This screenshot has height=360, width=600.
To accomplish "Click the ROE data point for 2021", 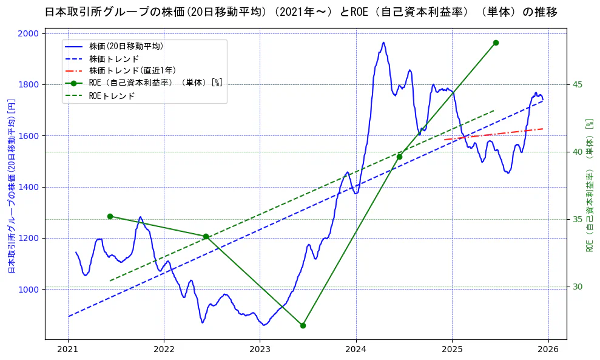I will (110, 216).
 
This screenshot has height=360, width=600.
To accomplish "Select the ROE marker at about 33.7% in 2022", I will (206, 236).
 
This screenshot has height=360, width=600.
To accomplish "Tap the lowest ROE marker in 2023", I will (303, 325).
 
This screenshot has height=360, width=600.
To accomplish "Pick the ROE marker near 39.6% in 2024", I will (399, 157).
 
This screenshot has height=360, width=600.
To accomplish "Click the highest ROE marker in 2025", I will (496, 42).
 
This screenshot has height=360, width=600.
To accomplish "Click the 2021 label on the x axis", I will (68, 349).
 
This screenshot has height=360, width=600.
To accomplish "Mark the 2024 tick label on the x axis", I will (356, 349).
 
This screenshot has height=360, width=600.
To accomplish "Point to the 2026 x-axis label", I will (548, 349).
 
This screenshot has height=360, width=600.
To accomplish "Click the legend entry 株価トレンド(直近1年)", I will (132, 71).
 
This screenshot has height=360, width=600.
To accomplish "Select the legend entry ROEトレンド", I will (112, 96).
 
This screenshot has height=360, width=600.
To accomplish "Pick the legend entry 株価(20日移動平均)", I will (126, 46).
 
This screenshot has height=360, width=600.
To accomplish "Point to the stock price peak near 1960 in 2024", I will (383, 42).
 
